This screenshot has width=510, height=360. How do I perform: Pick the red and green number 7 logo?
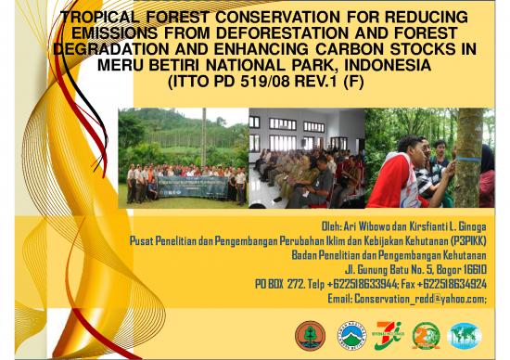pyautogui.click(x=389, y=334)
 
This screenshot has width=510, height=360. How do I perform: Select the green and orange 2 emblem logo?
pyautogui.click(x=427, y=334)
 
